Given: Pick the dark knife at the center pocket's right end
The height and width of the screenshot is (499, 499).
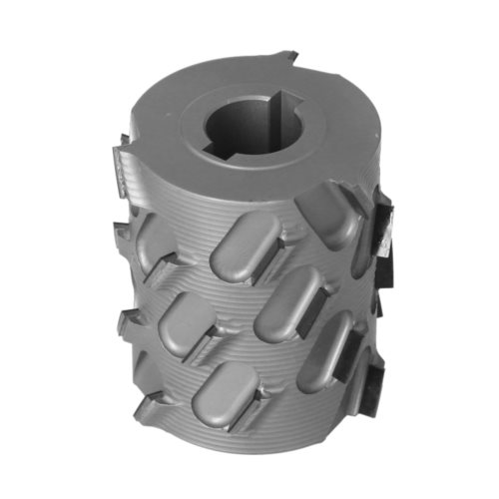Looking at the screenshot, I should (x=344, y=344).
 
